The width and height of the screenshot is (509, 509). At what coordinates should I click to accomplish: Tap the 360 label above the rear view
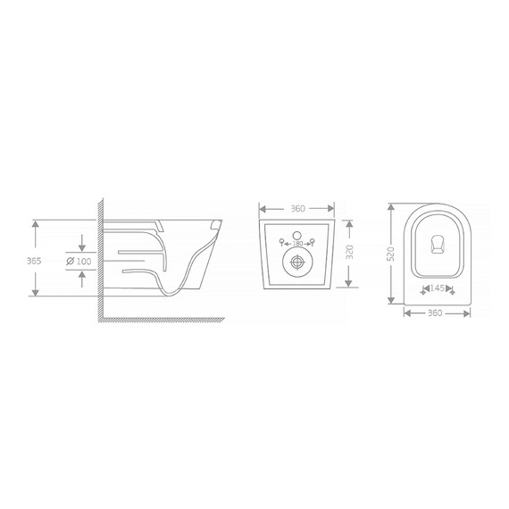pos(298,209)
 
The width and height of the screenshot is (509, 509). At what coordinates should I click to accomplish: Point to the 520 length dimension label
pos(390,255)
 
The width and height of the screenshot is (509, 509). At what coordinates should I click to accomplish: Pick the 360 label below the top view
pos(437,313)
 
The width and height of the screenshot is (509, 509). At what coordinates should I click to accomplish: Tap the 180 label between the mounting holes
pos(296,241)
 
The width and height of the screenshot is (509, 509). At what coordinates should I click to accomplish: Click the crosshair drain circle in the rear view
pos(296,263)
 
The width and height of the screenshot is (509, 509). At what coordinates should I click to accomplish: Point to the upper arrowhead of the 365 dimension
pos(35,224)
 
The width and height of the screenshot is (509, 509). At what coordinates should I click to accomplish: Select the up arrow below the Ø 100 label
pos(82,276)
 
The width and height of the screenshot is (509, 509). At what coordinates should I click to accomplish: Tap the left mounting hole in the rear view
pos(282,241)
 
